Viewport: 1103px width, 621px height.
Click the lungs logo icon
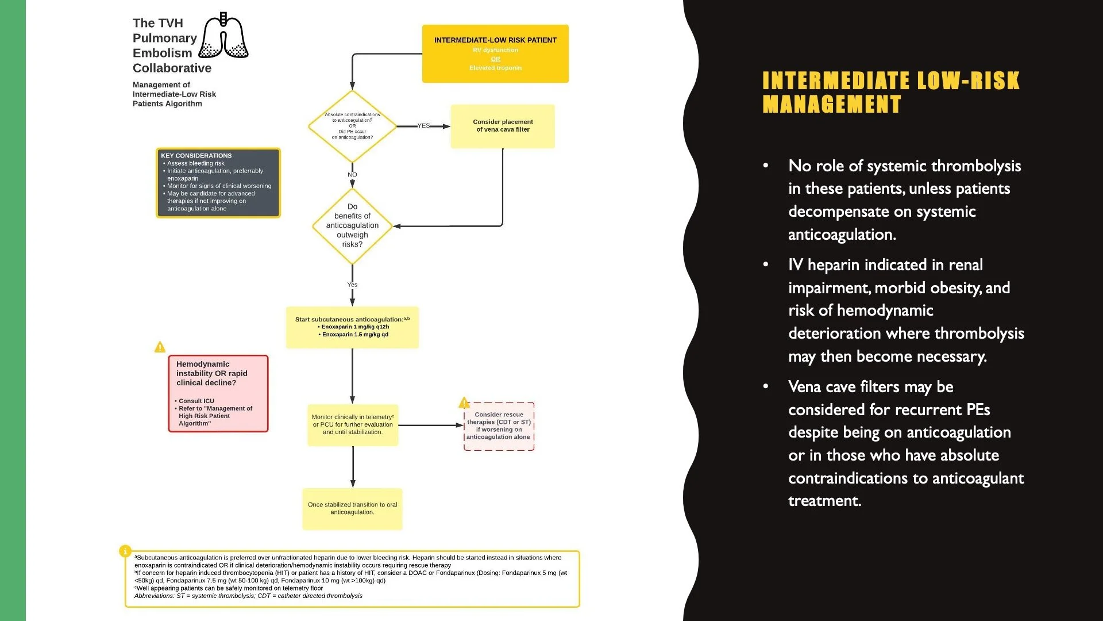pos(223,37)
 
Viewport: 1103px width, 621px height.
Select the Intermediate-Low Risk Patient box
pos(495,53)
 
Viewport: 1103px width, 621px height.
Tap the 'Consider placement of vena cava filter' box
pos(503,126)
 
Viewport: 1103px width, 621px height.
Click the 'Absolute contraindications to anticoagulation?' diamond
pos(352,126)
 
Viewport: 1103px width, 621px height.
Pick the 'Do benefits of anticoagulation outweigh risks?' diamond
pos(352,225)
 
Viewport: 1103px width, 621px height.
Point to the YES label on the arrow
pos(423,125)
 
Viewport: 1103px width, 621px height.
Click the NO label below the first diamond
pos(352,175)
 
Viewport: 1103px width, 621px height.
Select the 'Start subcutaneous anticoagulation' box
pos(352,327)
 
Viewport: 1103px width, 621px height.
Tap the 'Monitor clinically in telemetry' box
pos(353,425)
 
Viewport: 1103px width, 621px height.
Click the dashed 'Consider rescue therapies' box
pos(499,426)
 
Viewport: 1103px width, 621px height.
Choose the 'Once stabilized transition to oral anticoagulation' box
pos(352,509)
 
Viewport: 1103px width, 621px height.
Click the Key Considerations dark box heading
pos(196,156)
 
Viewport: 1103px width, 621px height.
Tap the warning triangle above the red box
pos(160,347)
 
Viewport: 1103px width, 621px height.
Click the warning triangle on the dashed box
pos(464,403)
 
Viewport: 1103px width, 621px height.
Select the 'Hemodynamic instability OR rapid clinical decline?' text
pos(211,373)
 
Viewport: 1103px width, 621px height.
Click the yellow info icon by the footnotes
pos(125,551)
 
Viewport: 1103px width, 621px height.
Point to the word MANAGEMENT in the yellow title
pos(831,105)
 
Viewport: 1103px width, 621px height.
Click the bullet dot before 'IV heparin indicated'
pos(766,264)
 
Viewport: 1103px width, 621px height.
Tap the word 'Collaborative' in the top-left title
pos(172,68)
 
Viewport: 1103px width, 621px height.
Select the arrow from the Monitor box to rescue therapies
pos(431,425)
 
